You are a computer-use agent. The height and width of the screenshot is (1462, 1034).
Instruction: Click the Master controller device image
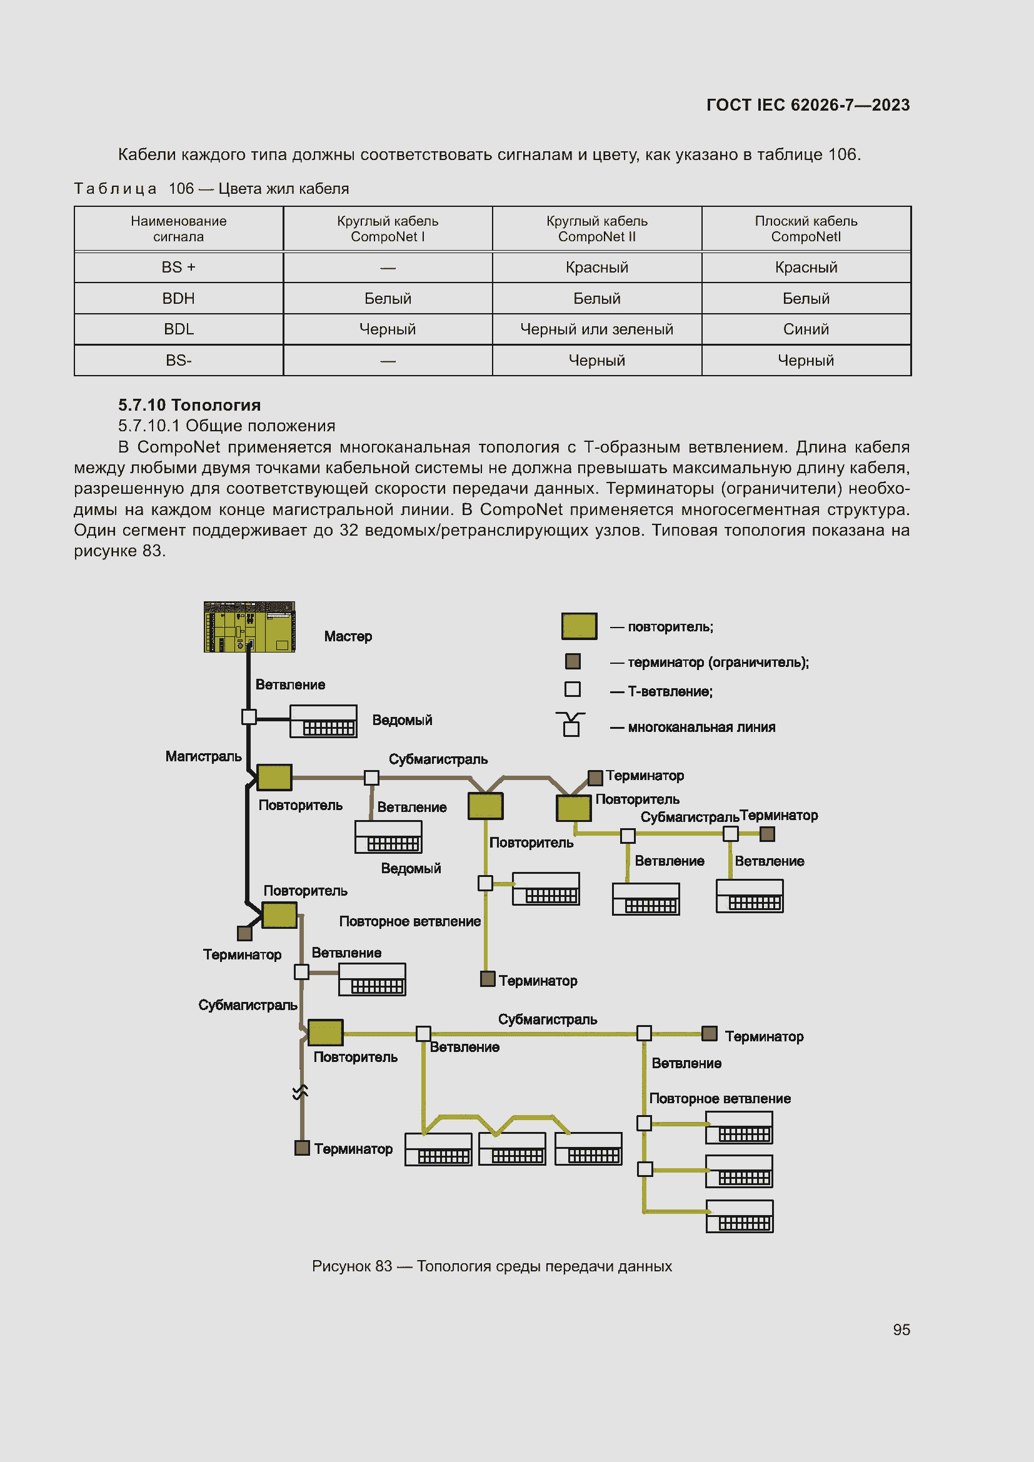tap(249, 626)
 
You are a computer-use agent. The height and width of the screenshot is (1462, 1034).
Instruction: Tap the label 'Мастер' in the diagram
tap(348, 636)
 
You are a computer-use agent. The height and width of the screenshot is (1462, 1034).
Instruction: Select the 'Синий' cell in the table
tap(805, 329)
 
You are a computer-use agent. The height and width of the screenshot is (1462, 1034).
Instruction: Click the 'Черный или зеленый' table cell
tap(596, 329)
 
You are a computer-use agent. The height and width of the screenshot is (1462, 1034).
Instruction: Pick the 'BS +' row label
tap(178, 268)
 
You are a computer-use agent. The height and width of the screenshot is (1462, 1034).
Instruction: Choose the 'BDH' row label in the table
tap(178, 299)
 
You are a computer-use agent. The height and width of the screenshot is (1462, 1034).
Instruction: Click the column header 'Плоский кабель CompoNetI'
tap(805, 229)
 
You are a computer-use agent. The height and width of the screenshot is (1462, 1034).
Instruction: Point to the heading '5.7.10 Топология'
tap(189, 405)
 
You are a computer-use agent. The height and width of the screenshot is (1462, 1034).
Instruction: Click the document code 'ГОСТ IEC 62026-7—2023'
tap(807, 105)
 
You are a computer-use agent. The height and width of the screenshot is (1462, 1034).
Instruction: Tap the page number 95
tap(901, 1329)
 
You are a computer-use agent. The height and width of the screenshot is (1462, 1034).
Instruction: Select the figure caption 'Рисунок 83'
tap(491, 1266)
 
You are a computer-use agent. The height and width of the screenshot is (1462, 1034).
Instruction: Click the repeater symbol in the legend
tap(579, 626)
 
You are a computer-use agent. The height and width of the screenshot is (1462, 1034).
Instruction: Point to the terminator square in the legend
tap(573, 661)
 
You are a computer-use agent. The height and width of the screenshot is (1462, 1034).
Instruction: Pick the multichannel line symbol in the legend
tap(571, 724)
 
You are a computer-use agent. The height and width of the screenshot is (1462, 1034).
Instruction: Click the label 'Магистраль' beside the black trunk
tap(203, 756)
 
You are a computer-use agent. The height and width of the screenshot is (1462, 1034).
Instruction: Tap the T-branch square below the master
tap(249, 717)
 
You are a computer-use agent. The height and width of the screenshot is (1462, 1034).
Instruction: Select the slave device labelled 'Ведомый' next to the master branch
tap(323, 721)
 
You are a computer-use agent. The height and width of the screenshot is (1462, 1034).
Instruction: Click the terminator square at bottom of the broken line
tap(302, 1148)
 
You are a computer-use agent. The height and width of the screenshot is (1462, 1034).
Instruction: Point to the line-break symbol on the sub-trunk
tap(301, 1093)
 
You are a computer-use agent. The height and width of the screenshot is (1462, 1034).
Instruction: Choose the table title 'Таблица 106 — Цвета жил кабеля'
tap(211, 189)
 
